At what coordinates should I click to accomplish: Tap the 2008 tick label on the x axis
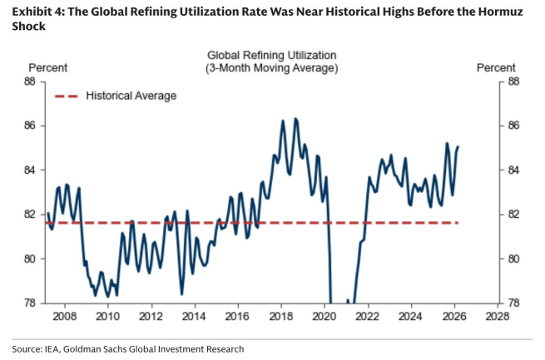65,316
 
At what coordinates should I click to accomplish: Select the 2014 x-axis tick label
195,316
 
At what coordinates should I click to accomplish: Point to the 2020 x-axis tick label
325,316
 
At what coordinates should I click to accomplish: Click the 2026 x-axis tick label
454,316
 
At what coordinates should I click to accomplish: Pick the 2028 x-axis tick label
498,316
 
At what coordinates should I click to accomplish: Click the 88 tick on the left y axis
30,81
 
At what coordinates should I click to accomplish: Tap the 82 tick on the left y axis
30,215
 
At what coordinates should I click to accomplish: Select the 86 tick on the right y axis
513,126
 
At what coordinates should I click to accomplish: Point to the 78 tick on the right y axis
513,303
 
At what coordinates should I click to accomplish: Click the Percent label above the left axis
48,67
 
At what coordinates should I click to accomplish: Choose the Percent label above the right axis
496,67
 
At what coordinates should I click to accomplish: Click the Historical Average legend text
131,96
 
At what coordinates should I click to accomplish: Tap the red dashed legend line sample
67,96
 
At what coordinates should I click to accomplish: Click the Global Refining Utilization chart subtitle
272,56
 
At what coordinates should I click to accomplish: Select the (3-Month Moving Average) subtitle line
272,68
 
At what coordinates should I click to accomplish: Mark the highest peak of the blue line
295,119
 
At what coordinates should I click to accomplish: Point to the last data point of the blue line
458,147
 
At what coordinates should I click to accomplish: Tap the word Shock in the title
29,27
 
